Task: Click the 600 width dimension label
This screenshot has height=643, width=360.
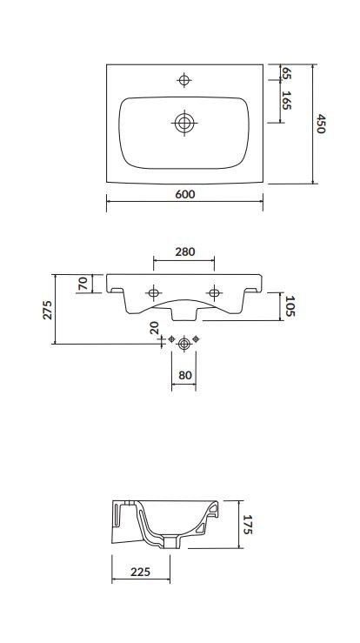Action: pyautogui.click(x=184, y=194)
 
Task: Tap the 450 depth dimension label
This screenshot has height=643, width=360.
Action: pyautogui.click(x=321, y=124)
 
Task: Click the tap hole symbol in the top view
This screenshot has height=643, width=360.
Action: pyautogui.click(x=183, y=80)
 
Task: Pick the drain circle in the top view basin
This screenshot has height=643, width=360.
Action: pyautogui.click(x=183, y=123)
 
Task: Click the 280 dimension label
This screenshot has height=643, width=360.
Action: pyautogui.click(x=184, y=251)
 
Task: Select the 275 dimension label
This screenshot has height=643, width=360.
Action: pyautogui.click(x=49, y=310)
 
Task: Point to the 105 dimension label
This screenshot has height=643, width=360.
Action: pyautogui.click(x=290, y=307)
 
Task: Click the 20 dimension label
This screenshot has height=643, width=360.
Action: pyautogui.click(x=154, y=328)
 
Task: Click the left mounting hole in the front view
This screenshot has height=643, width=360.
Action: pyautogui.click(x=154, y=291)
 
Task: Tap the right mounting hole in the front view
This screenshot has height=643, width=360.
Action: pyautogui.click(x=213, y=291)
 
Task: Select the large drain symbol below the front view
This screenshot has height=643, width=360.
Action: pyautogui.click(x=183, y=345)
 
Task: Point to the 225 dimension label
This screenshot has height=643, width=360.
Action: pyautogui.click(x=141, y=572)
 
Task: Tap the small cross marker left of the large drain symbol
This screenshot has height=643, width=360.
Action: pyautogui.click(x=171, y=338)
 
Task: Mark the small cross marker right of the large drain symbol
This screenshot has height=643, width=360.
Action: pyautogui.click(x=197, y=338)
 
